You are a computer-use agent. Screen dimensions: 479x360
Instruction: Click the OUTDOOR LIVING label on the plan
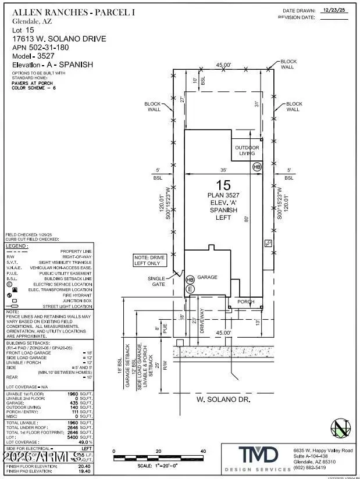pos(247,151)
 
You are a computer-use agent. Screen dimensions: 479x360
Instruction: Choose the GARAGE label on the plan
pos(207,277)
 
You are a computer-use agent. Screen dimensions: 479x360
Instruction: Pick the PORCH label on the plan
pos(245,301)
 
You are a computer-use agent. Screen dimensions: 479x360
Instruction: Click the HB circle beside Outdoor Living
pos(256,166)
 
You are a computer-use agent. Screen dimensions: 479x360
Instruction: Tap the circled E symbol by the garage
pos(190,288)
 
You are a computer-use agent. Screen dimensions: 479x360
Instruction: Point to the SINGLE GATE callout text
pos(156,281)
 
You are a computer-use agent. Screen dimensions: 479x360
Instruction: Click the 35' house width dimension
pos(223,170)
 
